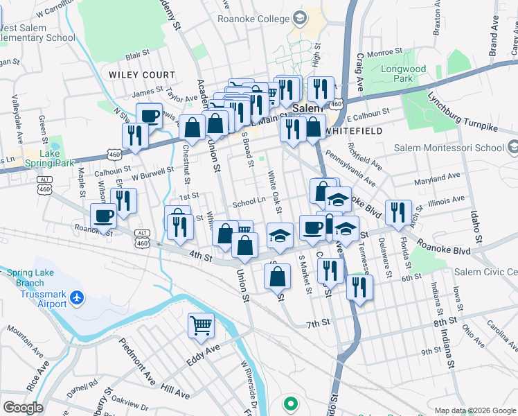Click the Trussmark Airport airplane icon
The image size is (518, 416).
[76, 299]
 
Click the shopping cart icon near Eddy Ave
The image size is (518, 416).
[201, 324]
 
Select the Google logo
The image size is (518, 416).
[23, 408]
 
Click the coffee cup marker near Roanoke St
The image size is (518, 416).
[104, 216]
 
